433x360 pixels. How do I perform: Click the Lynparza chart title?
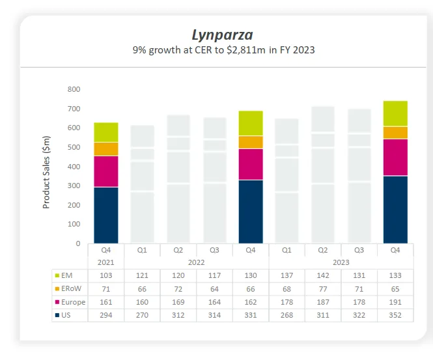click(223, 35)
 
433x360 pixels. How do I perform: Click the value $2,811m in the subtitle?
click(252, 49)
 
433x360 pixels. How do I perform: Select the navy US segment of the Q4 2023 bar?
click(395, 210)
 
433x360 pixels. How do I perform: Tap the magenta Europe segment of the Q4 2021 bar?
click(105, 171)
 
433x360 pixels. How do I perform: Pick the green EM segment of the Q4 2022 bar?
click(251, 123)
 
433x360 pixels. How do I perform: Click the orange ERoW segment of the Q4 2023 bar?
click(395, 132)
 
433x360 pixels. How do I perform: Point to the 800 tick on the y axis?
click(74, 89)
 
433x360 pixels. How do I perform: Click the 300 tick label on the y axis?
click(74, 186)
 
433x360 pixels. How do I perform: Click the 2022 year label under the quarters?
click(197, 262)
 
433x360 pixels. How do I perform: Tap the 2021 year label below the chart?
click(105, 262)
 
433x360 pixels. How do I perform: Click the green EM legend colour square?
click(58, 276)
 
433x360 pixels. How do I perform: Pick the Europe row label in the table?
click(74, 302)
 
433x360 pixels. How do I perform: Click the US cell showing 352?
click(395, 315)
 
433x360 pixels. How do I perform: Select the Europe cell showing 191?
click(395, 302)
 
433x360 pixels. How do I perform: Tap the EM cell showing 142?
click(323, 276)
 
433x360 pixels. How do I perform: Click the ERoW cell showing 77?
click(323, 289)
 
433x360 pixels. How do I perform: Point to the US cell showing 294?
click(105, 315)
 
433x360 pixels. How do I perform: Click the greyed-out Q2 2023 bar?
click(323, 176)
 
